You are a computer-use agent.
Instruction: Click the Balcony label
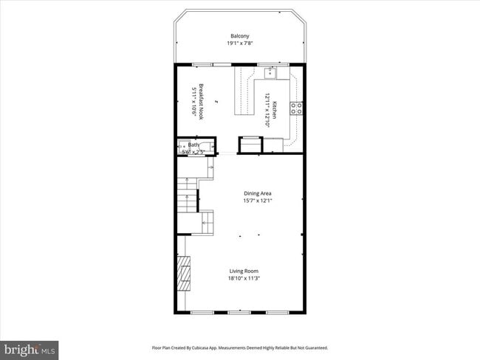239,36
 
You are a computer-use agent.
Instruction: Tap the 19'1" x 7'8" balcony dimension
239,44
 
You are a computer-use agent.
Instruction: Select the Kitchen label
274,111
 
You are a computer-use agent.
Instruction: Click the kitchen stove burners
297,108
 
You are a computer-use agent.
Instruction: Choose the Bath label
193,145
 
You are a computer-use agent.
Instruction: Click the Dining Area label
258,194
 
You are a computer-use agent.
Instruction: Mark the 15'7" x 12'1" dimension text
258,201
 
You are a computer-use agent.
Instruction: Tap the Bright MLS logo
30,348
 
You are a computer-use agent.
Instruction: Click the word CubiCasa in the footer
199,347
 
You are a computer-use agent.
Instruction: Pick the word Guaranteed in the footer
313,347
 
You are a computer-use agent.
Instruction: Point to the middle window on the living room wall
239,313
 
